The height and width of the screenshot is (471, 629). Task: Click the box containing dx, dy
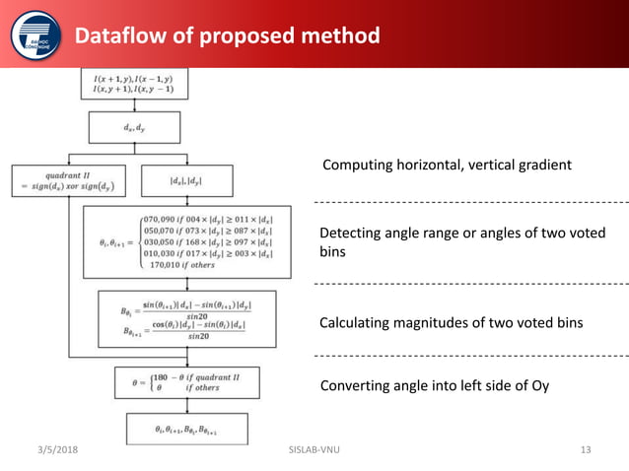[x=135, y=126]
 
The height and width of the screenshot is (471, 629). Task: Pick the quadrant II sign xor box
[x=66, y=179]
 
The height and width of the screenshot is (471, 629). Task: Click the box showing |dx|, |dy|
[x=187, y=179]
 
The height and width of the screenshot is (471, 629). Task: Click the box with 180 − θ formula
[x=186, y=380]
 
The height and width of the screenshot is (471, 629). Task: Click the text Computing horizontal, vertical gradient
[x=447, y=166]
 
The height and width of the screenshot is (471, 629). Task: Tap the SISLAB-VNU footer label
[x=311, y=450]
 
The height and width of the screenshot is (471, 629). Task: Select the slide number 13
[x=585, y=450]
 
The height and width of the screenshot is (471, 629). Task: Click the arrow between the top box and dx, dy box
[x=135, y=105]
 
